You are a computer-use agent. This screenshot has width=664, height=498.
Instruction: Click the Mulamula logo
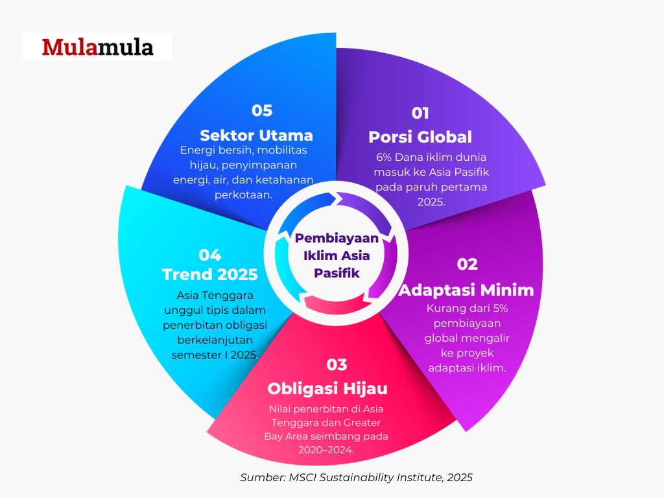pyautogui.click(x=97, y=47)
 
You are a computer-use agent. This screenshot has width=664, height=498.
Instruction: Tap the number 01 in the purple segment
pyautogui.click(x=420, y=113)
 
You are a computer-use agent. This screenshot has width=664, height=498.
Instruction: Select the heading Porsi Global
pyautogui.click(x=420, y=137)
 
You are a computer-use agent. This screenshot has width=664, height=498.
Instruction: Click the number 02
pyautogui.click(x=467, y=265)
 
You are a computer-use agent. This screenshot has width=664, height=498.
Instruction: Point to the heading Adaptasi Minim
pyautogui.click(x=466, y=290)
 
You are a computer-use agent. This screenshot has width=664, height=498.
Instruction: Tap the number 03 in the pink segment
pyautogui.click(x=337, y=364)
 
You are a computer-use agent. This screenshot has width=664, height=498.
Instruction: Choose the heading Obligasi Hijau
pyautogui.click(x=327, y=389)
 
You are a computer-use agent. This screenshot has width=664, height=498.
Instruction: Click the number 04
pyautogui.click(x=210, y=255)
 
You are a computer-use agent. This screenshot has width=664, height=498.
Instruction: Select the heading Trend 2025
pyautogui.click(x=210, y=274)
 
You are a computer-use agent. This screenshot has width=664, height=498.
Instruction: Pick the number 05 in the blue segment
pyautogui.click(x=262, y=110)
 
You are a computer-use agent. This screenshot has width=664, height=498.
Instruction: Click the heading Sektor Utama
pyautogui.click(x=256, y=136)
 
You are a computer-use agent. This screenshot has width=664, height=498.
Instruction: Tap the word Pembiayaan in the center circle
pyautogui.click(x=337, y=238)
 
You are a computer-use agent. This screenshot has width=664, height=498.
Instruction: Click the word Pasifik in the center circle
pyautogui.click(x=337, y=273)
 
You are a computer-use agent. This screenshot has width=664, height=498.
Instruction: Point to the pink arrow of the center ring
pyautogui.click(x=335, y=304)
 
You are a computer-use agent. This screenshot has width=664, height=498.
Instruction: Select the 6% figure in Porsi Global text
pyautogui.click(x=384, y=157)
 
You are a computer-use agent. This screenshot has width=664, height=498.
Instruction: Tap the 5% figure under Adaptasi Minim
pyautogui.click(x=500, y=308)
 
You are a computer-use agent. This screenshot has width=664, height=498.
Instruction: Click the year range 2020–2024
pyautogui.click(x=326, y=450)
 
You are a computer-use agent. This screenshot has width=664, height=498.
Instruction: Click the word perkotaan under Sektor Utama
pyautogui.click(x=244, y=195)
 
